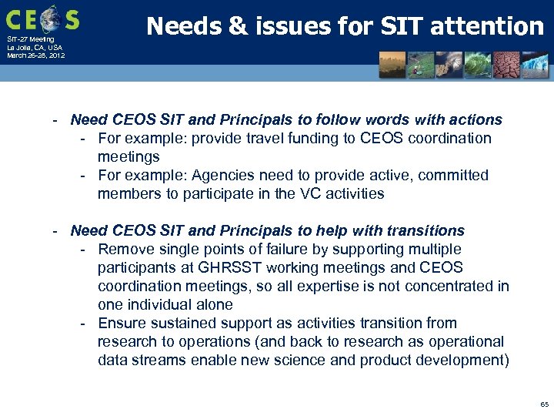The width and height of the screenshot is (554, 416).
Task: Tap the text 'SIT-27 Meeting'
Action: [31, 39]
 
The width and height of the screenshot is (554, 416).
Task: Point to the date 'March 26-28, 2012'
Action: [36, 55]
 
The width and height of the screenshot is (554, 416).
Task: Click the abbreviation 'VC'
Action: [298, 193]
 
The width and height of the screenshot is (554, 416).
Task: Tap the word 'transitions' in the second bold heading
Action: [427, 230]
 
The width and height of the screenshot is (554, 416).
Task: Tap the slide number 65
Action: [544, 404]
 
